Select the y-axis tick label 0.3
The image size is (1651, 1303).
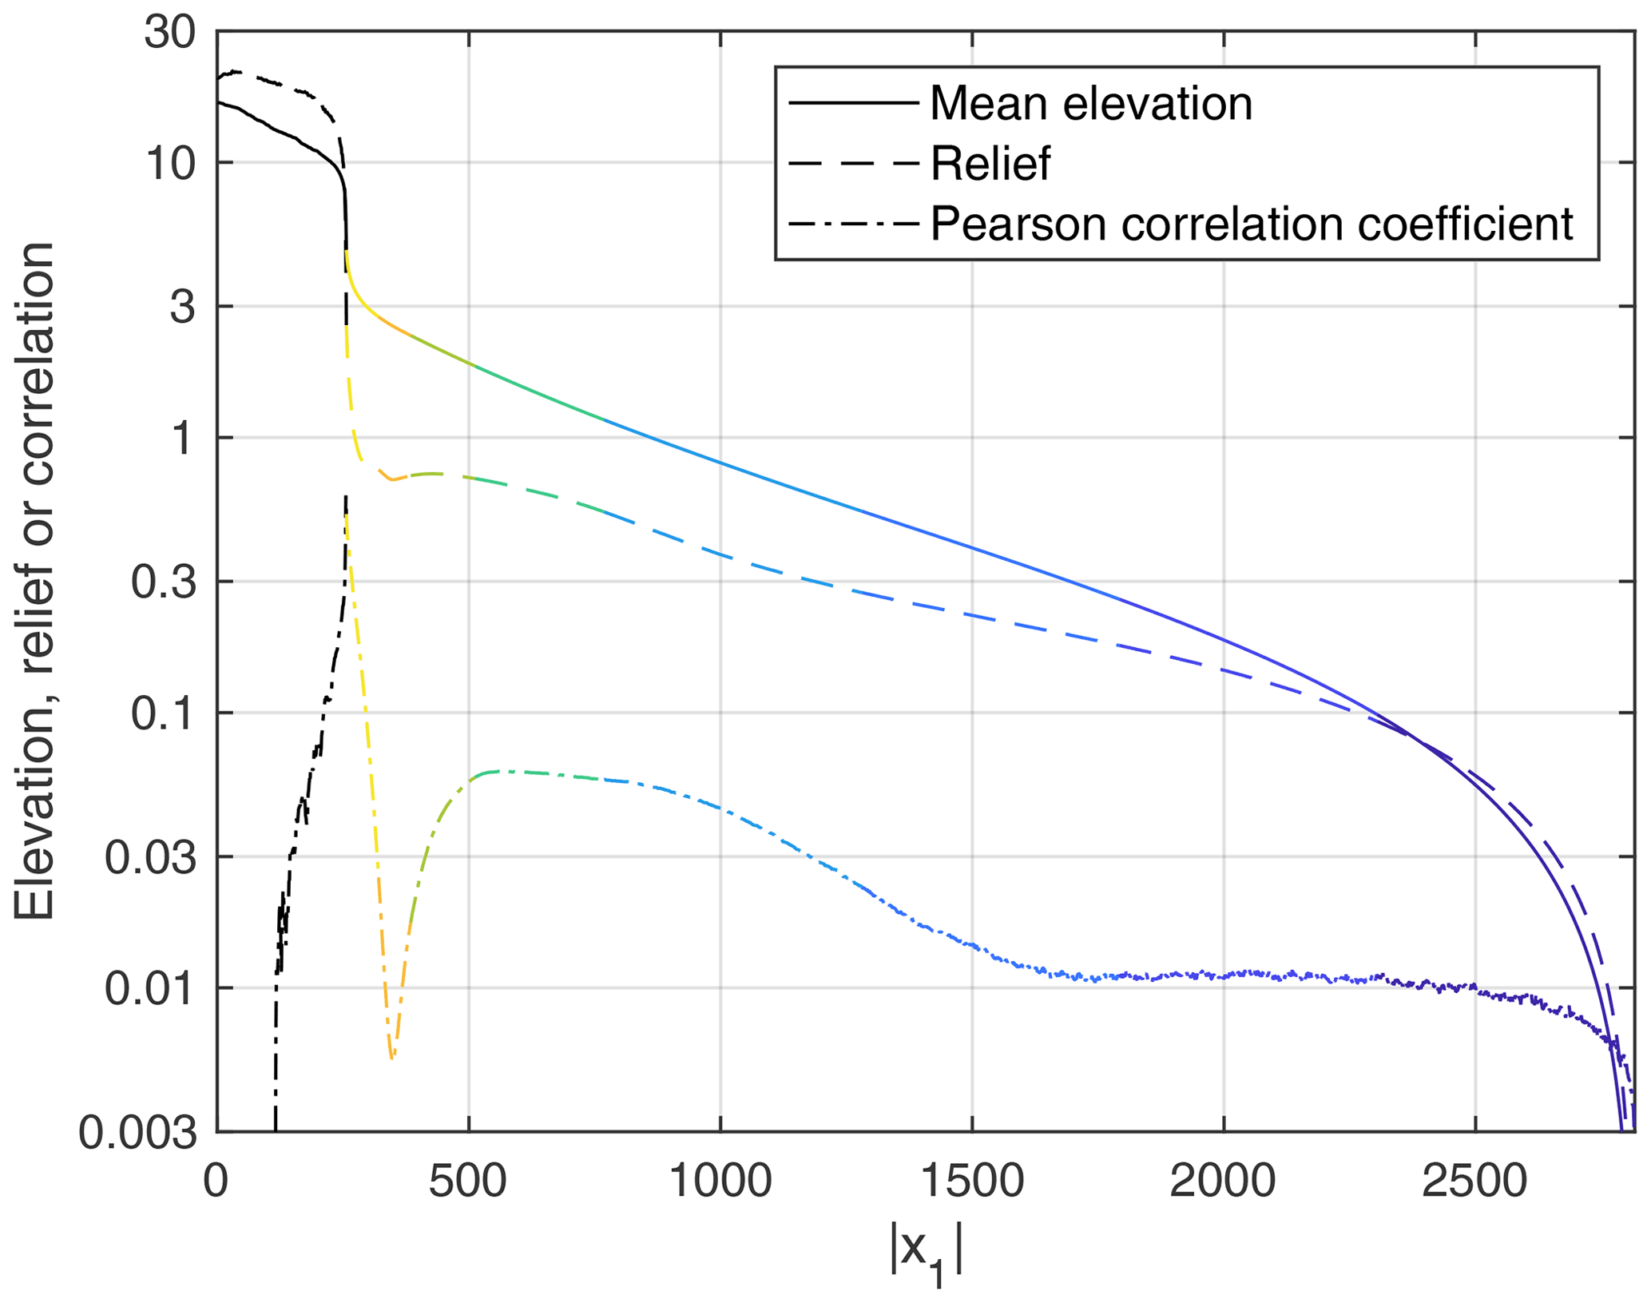[x=163, y=582]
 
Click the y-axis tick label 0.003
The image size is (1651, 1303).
[x=137, y=1132]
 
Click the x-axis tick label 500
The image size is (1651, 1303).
[x=467, y=1181]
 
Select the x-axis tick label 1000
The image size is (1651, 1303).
[x=720, y=1181]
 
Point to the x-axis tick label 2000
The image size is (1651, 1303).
[x=1223, y=1181]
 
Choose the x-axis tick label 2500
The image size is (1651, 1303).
[x=1474, y=1181]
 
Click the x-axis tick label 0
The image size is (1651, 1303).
[x=216, y=1181]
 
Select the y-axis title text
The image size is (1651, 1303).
[x=34, y=582]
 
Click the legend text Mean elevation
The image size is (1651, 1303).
[x=1091, y=103]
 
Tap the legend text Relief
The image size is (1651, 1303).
[x=990, y=163]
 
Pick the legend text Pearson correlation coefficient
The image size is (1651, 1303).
[x=1252, y=223]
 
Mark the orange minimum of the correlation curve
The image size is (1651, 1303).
[x=391, y=1057]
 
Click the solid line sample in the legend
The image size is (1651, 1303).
[x=853, y=102]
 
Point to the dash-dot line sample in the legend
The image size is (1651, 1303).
[x=853, y=223]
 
